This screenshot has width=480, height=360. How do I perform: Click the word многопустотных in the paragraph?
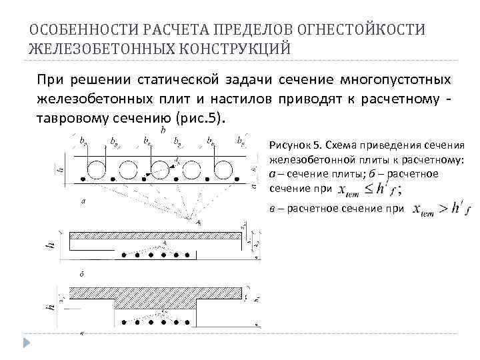click(x=395, y=81)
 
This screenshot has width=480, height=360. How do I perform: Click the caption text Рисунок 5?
click(x=296, y=144)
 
